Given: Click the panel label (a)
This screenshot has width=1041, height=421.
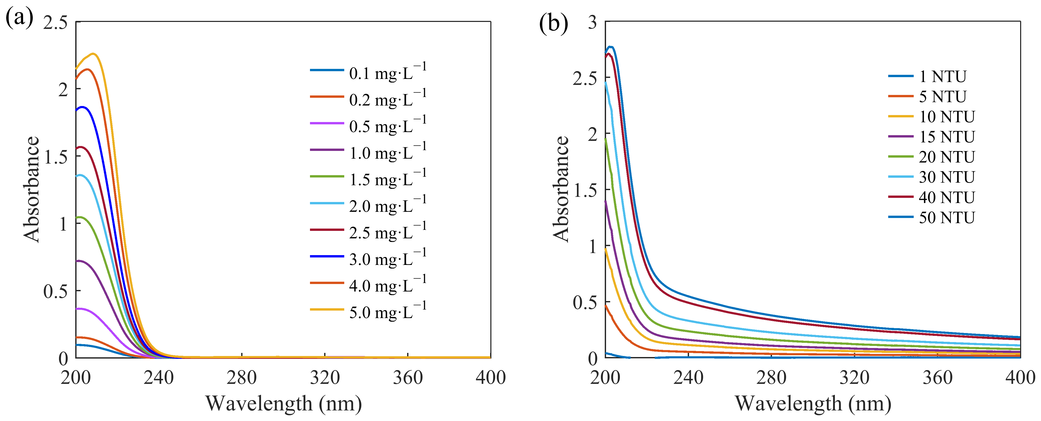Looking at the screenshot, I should [19, 18].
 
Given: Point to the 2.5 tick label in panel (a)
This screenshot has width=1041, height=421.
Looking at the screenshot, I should [55, 23].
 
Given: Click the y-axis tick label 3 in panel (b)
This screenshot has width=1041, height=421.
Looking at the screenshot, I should [592, 22].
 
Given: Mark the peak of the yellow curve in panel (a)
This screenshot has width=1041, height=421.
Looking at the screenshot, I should [93, 53].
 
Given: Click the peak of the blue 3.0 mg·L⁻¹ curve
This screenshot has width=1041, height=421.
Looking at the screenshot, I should [82, 107].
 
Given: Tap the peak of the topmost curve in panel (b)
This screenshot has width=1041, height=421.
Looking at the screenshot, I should [611, 47].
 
